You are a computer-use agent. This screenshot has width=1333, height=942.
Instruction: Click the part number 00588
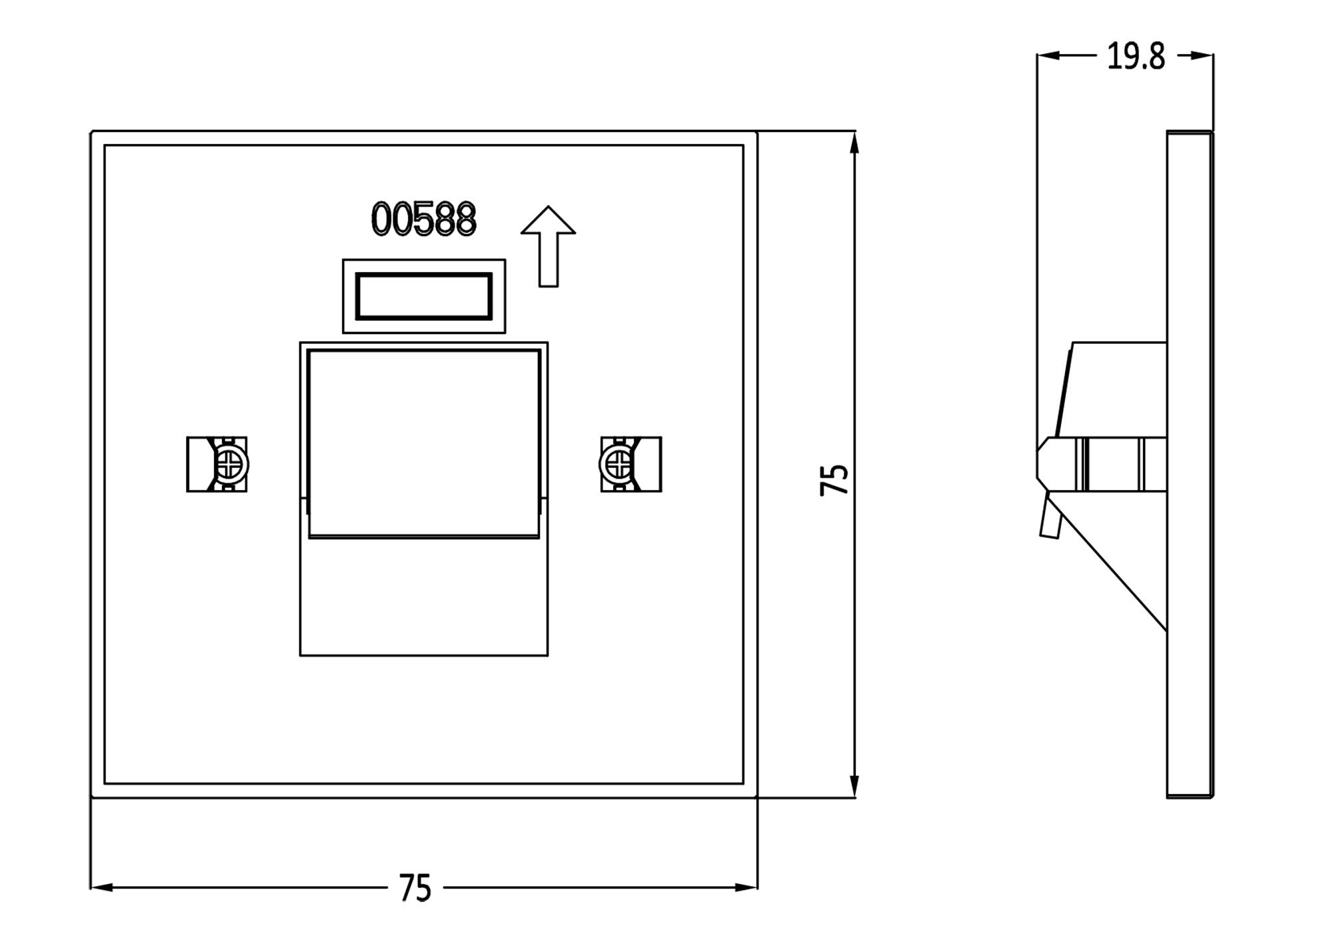(424, 219)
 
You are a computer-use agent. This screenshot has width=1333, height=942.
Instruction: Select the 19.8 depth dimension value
(1136, 57)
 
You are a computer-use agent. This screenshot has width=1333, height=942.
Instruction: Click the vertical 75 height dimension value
(834, 479)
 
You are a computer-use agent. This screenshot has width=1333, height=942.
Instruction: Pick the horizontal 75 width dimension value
(415, 888)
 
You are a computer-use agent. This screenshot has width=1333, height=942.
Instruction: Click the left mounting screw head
(230, 464)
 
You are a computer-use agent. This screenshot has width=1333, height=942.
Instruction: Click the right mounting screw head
(617, 464)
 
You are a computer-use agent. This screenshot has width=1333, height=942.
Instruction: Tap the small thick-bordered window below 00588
(424, 296)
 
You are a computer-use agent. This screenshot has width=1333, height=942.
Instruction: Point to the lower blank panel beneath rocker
(424, 597)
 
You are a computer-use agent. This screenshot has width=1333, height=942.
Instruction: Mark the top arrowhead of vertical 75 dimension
(854, 142)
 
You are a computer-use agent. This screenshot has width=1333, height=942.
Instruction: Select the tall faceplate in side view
(1189, 464)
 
